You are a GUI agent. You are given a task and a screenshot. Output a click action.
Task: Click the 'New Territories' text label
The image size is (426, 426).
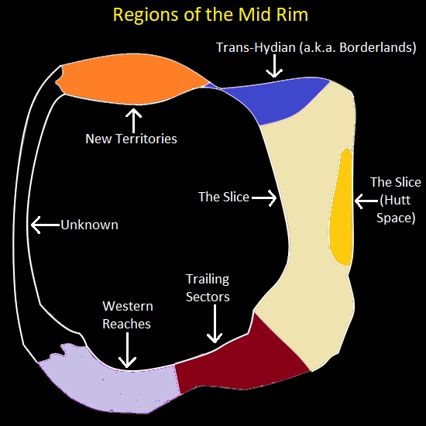coord(131,139)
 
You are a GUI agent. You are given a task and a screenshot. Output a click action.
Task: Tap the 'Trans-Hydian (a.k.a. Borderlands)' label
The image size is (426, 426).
coord(315,47)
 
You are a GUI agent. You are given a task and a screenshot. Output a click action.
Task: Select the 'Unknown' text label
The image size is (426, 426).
coord(89,225)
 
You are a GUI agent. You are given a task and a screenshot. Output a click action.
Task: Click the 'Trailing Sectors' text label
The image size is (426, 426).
coord(208,287)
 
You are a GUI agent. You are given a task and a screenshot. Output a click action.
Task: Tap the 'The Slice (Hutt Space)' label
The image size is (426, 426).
coord(396,200)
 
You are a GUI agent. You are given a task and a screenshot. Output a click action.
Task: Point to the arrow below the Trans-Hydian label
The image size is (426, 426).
coord(273,69)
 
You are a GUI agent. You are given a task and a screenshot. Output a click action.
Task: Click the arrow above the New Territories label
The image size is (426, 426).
coord(134,119)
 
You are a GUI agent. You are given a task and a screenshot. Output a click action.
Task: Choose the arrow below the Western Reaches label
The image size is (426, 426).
coord(128,352)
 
